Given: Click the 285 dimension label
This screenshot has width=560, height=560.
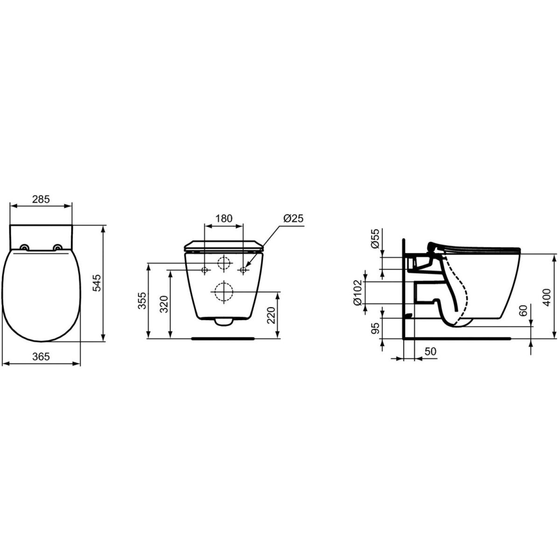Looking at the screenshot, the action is click(41, 199).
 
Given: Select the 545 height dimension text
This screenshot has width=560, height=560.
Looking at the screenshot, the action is click(97, 283).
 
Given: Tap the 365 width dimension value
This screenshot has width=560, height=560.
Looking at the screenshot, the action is click(41, 357).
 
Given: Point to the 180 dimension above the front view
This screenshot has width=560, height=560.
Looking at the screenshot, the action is click(224, 218).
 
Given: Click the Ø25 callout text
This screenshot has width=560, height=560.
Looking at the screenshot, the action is click(293, 218).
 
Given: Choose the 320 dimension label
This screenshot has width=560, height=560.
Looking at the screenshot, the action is click(164, 304).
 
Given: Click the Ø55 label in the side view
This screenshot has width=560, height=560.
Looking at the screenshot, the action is click(375, 238).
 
